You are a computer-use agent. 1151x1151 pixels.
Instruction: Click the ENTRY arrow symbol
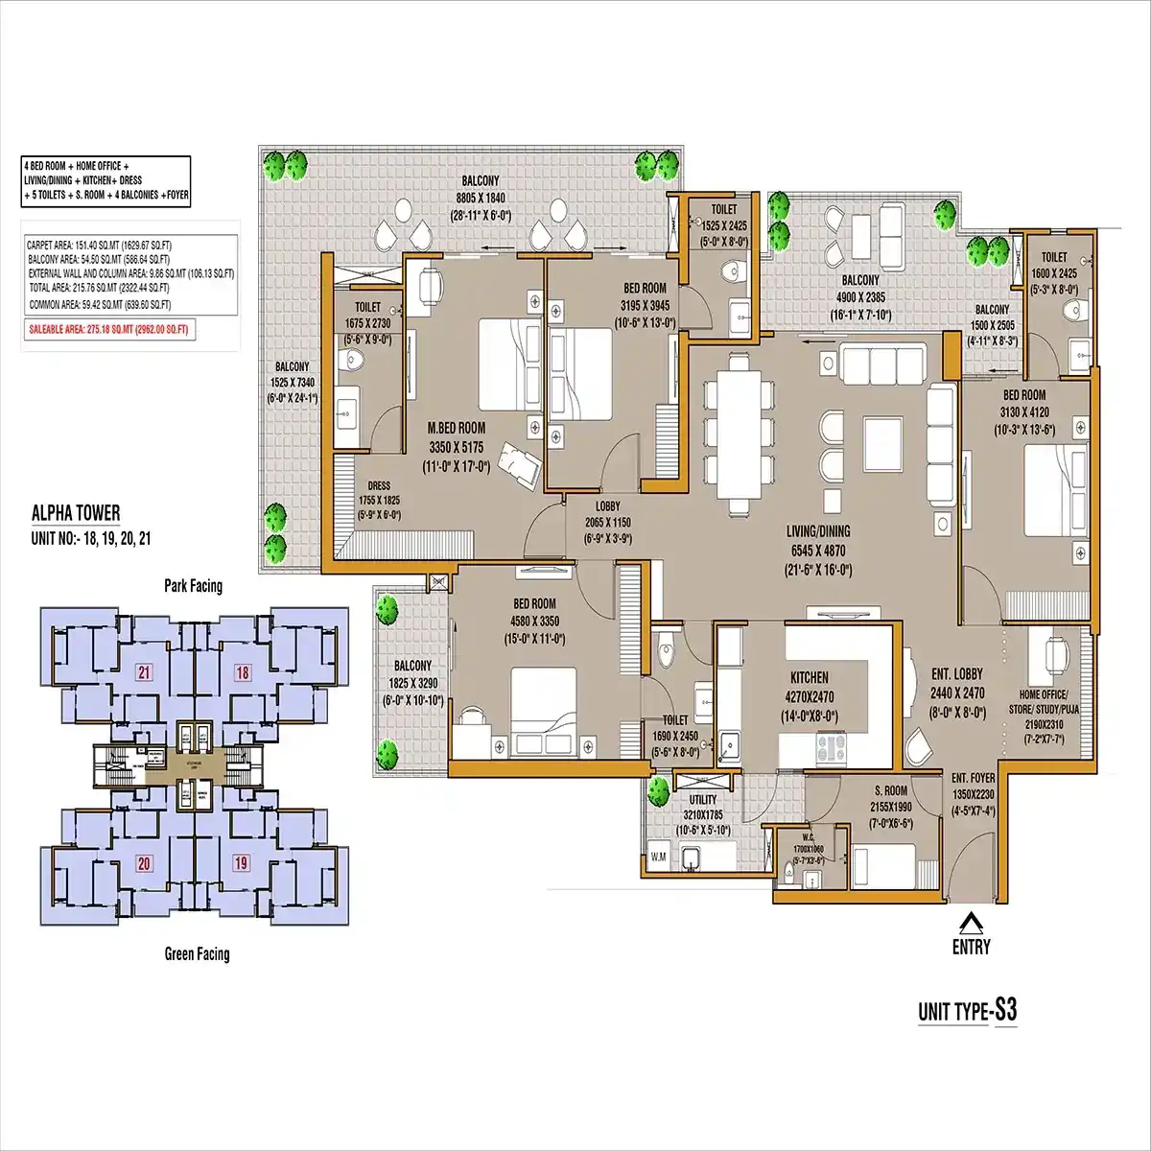tap(971, 924)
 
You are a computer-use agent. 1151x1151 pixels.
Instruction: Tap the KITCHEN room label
tap(809, 677)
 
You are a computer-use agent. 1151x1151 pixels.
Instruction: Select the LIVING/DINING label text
tap(818, 531)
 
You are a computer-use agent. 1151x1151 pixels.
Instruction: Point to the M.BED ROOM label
tap(457, 428)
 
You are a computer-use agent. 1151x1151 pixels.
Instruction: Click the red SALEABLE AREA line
tap(108, 329)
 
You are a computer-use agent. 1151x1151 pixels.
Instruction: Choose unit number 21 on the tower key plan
tap(145, 671)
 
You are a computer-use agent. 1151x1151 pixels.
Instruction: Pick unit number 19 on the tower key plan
tap(241, 863)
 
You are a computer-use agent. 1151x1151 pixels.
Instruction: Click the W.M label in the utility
tap(660, 856)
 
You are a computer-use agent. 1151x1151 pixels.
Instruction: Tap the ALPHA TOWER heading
tap(76, 514)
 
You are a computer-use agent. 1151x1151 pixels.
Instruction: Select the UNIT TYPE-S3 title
tap(967, 1011)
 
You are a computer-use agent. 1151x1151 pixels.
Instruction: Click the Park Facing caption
tap(193, 586)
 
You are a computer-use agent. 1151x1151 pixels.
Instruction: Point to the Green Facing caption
tap(197, 953)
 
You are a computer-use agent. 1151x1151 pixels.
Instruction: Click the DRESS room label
tap(377, 486)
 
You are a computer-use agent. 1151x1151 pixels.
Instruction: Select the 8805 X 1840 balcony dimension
tap(481, 199)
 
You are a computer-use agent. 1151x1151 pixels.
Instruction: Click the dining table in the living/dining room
tap(738, 432)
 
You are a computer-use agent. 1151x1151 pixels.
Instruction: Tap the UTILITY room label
tap(703, 799)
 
